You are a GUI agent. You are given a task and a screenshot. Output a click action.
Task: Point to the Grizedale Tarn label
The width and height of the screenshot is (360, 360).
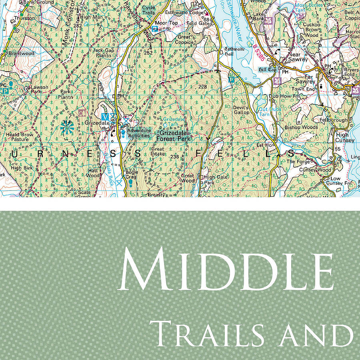click(173, 122)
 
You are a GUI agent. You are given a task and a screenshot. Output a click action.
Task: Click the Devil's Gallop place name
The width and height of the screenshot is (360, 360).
click(241, 110)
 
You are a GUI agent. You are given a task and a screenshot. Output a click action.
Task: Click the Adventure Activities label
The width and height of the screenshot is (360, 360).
click(138, 133)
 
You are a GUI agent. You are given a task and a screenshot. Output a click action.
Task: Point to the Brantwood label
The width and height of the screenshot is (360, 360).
click(20, 53)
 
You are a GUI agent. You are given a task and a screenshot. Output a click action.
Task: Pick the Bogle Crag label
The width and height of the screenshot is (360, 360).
click(132, 175)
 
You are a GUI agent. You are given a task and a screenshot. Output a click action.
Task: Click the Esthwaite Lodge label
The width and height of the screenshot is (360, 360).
click(185, 12)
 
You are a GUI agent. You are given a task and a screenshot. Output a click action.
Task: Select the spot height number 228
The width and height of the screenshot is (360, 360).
click(202, 87)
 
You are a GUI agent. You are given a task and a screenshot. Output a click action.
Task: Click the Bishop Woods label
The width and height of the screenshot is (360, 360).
click(301, 127)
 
